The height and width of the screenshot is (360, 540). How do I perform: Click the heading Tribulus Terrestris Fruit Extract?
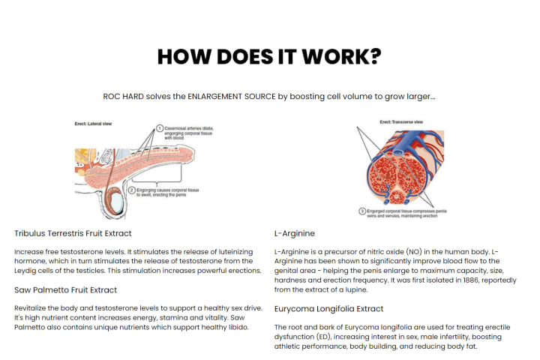click(x=73, y=233)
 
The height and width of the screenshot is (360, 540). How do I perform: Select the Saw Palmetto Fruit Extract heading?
click(x=66, y=289)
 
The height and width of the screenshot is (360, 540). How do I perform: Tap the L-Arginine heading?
click(x=295, y=233)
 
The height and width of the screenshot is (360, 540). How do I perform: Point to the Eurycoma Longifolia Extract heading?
click(x=329, y=308)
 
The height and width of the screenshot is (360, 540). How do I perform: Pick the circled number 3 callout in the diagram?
click(x=362, y=211)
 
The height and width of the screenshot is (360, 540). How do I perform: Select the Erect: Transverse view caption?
click(x=401, y=121)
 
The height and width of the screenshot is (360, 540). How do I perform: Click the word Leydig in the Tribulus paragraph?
click(x=28, y=270)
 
